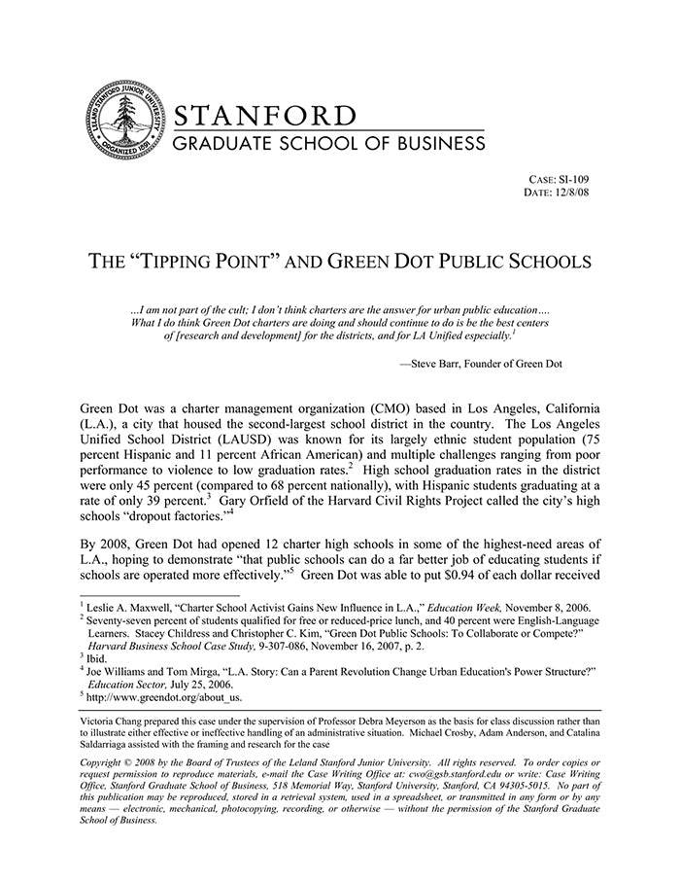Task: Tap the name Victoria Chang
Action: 112,722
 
